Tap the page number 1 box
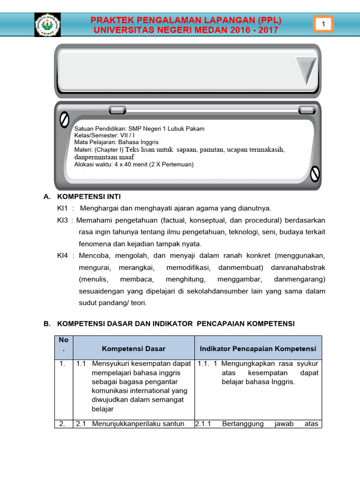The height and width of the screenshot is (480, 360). (x=323, y=24)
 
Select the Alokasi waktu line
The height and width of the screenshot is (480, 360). (x=134, y=165)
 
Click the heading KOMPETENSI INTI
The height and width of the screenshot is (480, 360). (x=89, y=196)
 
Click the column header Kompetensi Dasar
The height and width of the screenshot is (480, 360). (x=134, y=349)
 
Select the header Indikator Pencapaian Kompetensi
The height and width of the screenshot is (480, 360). (x=258, y=349)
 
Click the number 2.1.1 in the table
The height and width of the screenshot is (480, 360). (x=203, y=424)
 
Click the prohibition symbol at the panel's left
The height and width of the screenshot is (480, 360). (x=64, y=120)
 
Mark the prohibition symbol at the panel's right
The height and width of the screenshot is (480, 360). (x=315, y=173)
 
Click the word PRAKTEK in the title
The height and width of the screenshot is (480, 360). (x=111, y=20)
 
